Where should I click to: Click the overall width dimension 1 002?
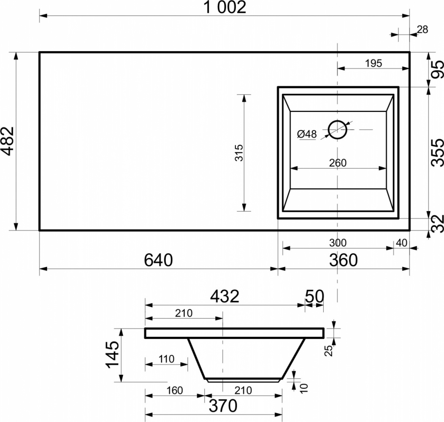point(225,7)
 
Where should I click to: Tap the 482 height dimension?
point(8,141)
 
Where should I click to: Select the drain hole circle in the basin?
point(338,130)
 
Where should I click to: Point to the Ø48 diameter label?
point(307,134)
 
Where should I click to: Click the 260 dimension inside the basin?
point(338,163)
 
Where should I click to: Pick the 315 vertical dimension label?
point(239,153)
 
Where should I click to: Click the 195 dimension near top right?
point(374,63)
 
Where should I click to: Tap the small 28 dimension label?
point(422,30)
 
